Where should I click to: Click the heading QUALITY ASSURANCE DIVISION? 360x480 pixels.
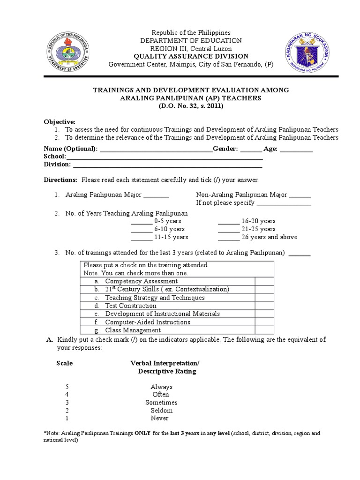tap(181, 56)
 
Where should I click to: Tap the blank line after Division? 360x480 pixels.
tap(167, 165)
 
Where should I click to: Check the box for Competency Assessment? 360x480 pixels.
tap(264, 281)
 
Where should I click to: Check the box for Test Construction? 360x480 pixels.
tap(264, 306)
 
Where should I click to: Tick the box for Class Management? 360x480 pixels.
tap(264, 330)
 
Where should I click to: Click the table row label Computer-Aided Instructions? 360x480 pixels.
tap(147, 322)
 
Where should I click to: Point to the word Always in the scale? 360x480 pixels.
tap(161, 387)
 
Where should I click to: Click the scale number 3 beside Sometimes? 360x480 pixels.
tap(67, 403)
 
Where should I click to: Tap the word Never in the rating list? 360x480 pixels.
tap(159, 418)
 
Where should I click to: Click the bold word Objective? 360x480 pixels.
tap(60, 121)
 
